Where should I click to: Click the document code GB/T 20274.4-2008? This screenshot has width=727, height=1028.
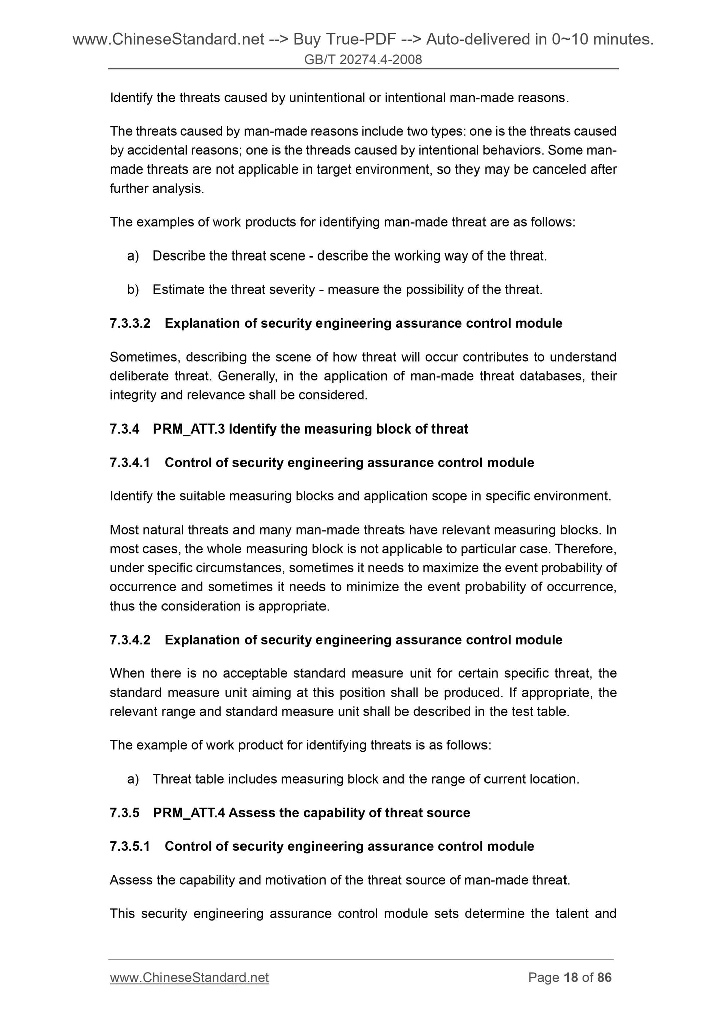click(363, 60)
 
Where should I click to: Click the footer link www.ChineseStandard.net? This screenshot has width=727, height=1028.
click(189, 977)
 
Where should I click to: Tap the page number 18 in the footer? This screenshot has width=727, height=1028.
click(571, 977)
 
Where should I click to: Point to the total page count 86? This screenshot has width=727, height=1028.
click(604, 977)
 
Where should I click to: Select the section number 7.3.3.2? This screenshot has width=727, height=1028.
click(130, 323)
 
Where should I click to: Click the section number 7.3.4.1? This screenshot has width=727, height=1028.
click(130, 463)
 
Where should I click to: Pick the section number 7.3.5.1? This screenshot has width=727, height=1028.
click(130, 846)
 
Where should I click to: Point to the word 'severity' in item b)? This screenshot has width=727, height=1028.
click(292, 290)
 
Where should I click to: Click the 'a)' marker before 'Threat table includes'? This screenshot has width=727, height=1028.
click(133, 779)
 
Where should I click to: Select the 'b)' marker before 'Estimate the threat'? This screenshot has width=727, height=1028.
click(133, 290)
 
